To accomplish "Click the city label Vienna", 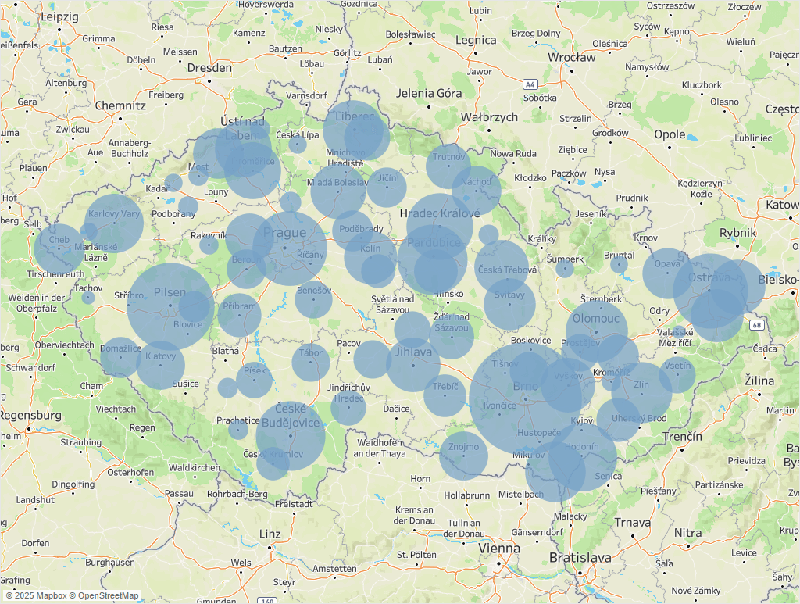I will click(x=498, y=548).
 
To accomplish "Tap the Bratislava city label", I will click(x=580, y=558).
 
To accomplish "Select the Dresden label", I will click(x=209, y=68).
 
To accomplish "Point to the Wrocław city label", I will click(x=572, y=57).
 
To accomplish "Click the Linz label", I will click(x=270, y=534).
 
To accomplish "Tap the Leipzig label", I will click(x=60, y=16).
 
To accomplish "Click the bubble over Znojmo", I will click(x=463, y=456).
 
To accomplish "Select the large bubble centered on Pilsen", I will click(x=170, y=306).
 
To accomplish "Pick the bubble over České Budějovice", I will click(x=291, y=435).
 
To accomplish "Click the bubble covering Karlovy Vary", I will click(x=114, y=223).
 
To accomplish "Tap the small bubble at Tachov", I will click(x=88, y=298).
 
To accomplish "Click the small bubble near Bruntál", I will click(x=619, y=265).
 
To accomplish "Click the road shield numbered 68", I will click(x=756, y=325).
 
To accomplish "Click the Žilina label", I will click(x=759, y=381).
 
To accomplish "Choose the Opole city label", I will click(x=670, y=134).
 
